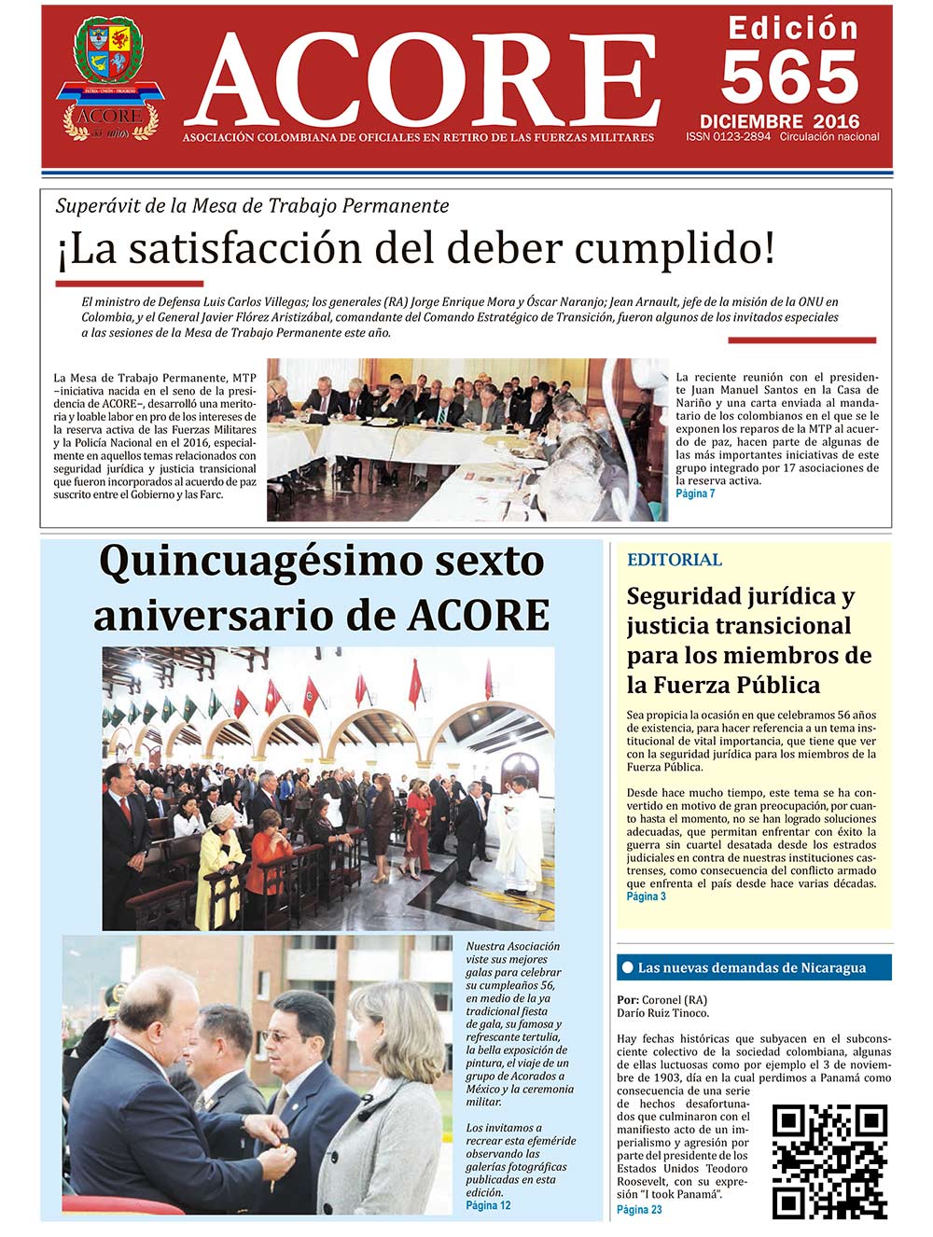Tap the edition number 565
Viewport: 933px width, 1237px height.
[x=789, y=77]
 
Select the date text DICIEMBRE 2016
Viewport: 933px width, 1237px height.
[x=779, y=121]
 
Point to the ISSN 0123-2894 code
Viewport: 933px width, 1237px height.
[x=728, y=136]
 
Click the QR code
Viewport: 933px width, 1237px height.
[x=829, y=1161]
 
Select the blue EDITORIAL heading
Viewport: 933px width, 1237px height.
[x=674, y=560]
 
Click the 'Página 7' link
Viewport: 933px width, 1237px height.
[x=695, y=493]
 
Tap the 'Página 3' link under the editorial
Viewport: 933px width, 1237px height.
[x=646, y=896]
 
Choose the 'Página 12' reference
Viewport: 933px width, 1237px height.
[x=488, y=1205]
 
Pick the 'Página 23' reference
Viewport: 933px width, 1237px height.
[x=639, y=1210]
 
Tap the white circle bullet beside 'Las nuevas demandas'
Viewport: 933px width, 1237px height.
[x=627, y=967]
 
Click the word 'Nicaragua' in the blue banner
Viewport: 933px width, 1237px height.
[x=833, y=968]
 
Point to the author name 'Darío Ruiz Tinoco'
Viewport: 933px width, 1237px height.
[x=662, y=1012]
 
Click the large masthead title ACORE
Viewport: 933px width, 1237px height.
[x=425, y=82]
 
